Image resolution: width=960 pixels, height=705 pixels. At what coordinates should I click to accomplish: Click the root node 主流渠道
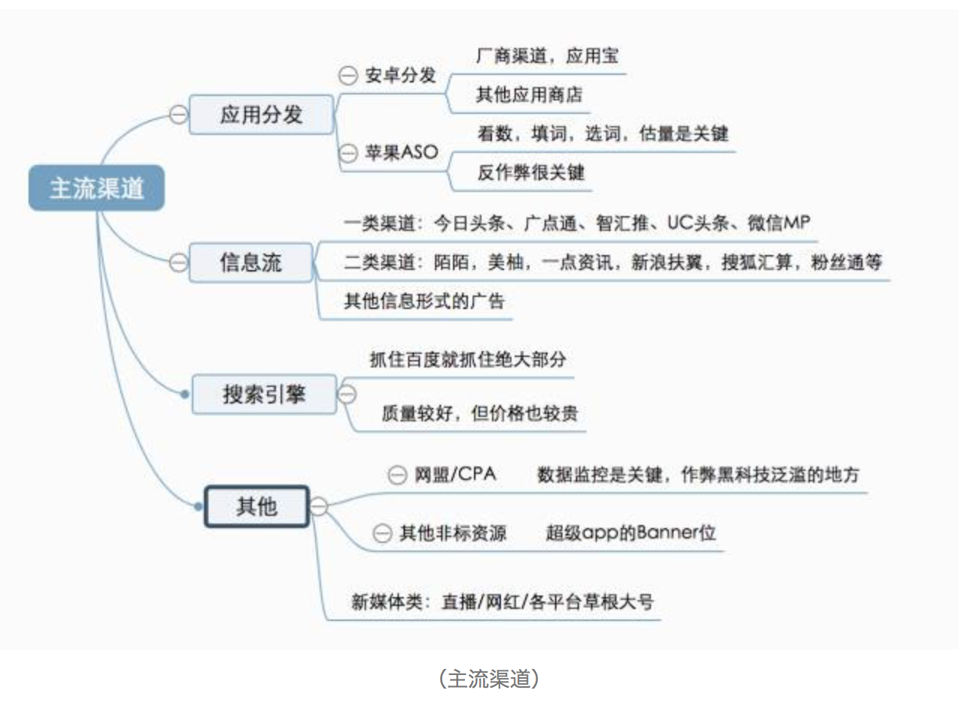tap(96, 187)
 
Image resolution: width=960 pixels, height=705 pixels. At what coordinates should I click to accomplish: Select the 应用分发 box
tap(261, 115)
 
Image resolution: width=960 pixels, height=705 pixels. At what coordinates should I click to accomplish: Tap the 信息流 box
tap(250, 262)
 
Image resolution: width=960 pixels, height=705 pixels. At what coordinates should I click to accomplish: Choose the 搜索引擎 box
tap(264, 394)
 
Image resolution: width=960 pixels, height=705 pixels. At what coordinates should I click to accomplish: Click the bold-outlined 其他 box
tap(256, 507)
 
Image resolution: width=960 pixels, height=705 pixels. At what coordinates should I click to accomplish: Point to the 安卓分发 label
tap(400, 76)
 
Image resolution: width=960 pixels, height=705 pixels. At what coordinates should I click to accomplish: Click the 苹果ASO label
tap(400, 153)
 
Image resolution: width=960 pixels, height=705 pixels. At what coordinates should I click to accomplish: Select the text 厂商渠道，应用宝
tap(547, 56)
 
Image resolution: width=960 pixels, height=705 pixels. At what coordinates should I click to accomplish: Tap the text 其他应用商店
tap(529, 95)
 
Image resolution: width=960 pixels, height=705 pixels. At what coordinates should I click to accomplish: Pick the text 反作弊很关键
tap(530, 172)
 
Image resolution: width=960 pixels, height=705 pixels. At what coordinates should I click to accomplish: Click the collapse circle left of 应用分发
tap(178, 115)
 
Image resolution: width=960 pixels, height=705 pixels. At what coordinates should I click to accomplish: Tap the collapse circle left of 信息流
tap(178, 262)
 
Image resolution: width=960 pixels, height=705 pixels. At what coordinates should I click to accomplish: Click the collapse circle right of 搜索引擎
tap(347, 394)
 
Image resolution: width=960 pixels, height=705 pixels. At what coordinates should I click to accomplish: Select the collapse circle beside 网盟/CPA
tap(397, 475)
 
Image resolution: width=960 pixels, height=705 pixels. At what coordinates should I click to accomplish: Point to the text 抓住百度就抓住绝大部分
tap(468, 359)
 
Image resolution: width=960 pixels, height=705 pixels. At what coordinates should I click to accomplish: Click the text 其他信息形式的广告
tap(424, 301)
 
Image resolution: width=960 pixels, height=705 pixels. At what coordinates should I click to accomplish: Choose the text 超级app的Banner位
tap(631, 532)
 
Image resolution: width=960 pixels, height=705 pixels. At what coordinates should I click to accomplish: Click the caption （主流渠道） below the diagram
tap(488, 679)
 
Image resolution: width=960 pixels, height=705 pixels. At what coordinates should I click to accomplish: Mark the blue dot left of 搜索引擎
tap(185, 394)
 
